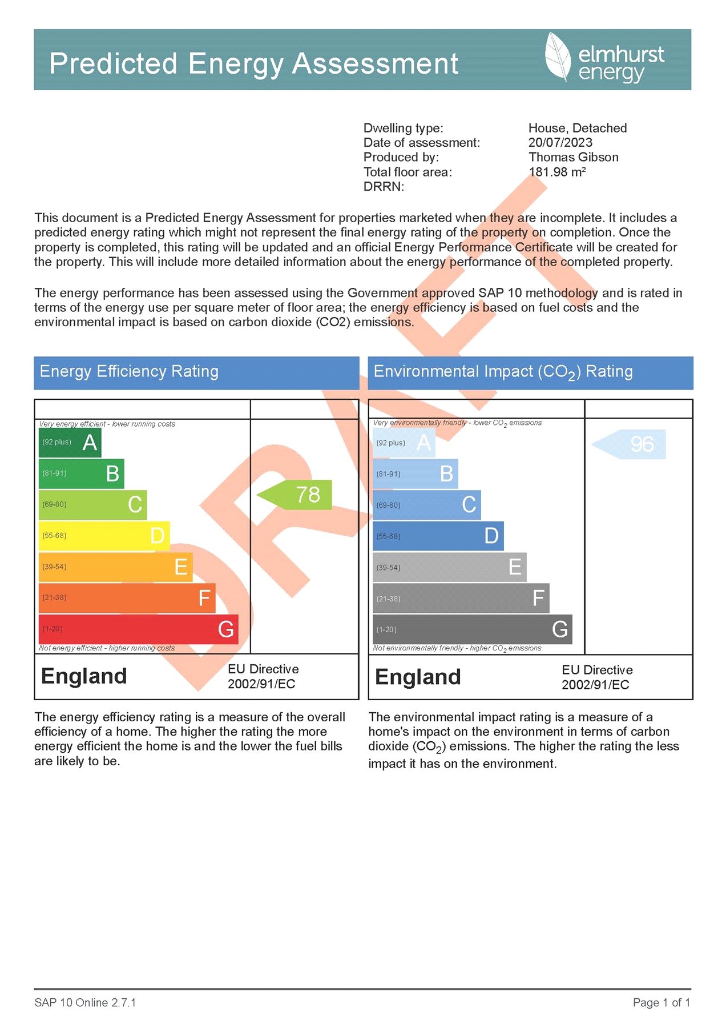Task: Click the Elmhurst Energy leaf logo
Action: click(558, 57)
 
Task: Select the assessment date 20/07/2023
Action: click(560, 143)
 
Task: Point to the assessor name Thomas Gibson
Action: click(573, 157)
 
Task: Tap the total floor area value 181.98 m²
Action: click(556, 172)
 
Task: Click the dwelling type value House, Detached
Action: click(577, 128)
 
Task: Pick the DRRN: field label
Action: click(384, 187)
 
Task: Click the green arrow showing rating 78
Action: click(295, 495)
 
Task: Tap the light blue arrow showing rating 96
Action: click(629, 444)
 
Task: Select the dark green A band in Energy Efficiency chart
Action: click(70, 443)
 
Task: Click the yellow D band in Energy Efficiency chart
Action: click(104, 536)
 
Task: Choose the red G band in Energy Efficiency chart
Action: click(138, 629)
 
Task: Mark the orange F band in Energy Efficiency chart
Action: click(127, 598)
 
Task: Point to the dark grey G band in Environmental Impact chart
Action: click(472, 629)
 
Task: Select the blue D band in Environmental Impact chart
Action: click(438, 536)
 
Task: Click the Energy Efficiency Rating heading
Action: click(129, 372)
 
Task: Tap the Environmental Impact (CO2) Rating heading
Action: click(503, 372)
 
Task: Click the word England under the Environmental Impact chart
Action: click(418, 677)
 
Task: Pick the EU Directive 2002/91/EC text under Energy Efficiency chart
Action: click(263, 676)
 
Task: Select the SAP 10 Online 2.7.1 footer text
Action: click(85, 1003)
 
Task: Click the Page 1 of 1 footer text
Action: click(661, 1003)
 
